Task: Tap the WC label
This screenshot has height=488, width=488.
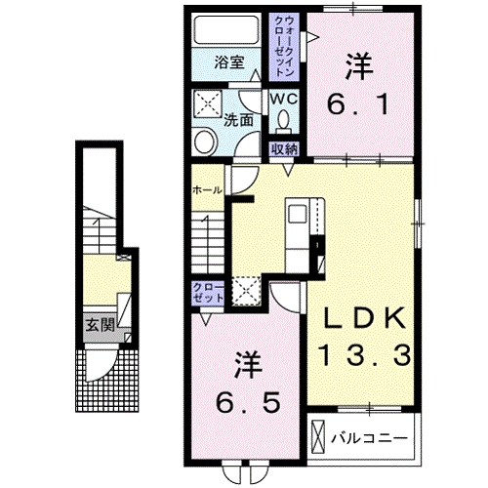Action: pyautogui.click(x=284, y=100)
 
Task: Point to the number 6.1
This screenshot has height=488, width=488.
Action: pyautogui.click(x=358, y=101)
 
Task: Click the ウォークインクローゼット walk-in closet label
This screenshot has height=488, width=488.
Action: pyautogui.click(x=288, y=46)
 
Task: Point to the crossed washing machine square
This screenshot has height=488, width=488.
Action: pyautogui.click(x=208, y=103)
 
